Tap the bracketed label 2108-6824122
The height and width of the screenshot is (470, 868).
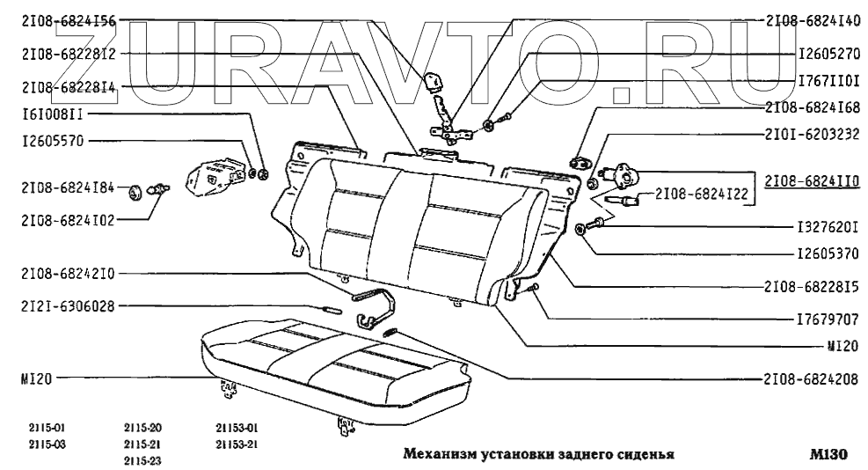coord(700,195)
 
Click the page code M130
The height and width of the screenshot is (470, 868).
coord(828,456)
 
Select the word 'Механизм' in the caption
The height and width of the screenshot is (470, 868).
coord(436,456)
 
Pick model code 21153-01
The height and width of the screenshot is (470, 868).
coord(237,429)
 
